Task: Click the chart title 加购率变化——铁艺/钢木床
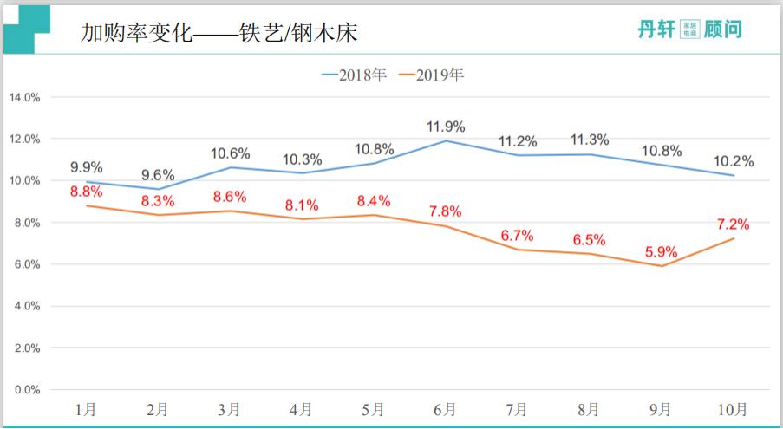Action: [x=219, y=33]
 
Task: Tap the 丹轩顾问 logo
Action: [x=689, y=29]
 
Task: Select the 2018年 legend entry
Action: [x=354, y=75]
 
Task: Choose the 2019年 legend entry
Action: [x=431, y=75]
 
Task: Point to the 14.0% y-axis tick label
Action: [x=24, y=97]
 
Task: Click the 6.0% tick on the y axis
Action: [x=26, y=264]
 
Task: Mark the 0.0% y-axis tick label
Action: [x=26, y=390]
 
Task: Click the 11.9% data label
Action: [x=446, y=127]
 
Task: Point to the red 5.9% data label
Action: [x=662, y=252]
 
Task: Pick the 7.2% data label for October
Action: [x=733, y=224]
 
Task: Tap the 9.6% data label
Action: [x=159, y=175]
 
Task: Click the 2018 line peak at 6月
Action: [x=446, y=140]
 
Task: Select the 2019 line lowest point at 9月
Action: [x=662, y=266]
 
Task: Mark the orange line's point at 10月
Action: [x=734, y=238]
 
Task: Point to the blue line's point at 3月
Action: [x=231, y=167]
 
